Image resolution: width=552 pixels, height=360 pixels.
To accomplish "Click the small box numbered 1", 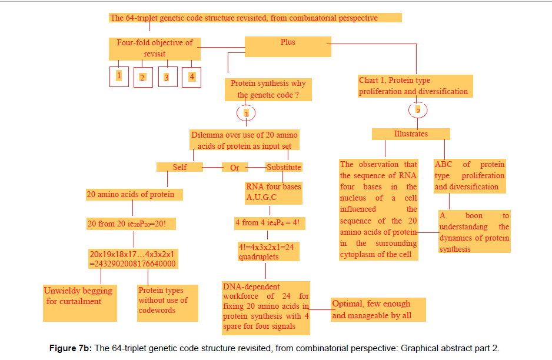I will (119, 76).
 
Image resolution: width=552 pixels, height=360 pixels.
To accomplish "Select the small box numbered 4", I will (191, 76).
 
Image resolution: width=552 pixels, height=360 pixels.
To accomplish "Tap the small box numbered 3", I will (167, 77).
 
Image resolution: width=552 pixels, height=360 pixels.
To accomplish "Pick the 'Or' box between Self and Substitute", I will (235, 168).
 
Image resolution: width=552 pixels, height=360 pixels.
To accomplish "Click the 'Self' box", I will (179, 167).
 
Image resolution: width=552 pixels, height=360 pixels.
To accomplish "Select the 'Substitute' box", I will (284, 167).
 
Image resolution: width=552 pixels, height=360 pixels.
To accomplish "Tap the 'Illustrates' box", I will (411, 134).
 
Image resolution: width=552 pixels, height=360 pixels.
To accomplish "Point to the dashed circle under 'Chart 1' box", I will (418, 110).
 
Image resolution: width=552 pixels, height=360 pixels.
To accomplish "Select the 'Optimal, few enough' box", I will (378, 309).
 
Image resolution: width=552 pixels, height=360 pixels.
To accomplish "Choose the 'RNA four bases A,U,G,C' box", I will (273, 192).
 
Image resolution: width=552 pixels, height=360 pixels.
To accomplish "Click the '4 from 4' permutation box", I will (270, 224).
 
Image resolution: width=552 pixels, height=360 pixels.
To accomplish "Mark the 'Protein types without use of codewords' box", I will (167, 303).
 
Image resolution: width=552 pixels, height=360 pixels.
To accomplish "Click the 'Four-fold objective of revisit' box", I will (155, 48).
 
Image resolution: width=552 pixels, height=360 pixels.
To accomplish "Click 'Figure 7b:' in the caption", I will (70, 348).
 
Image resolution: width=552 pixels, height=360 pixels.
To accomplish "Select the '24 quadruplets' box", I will (266, 252).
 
